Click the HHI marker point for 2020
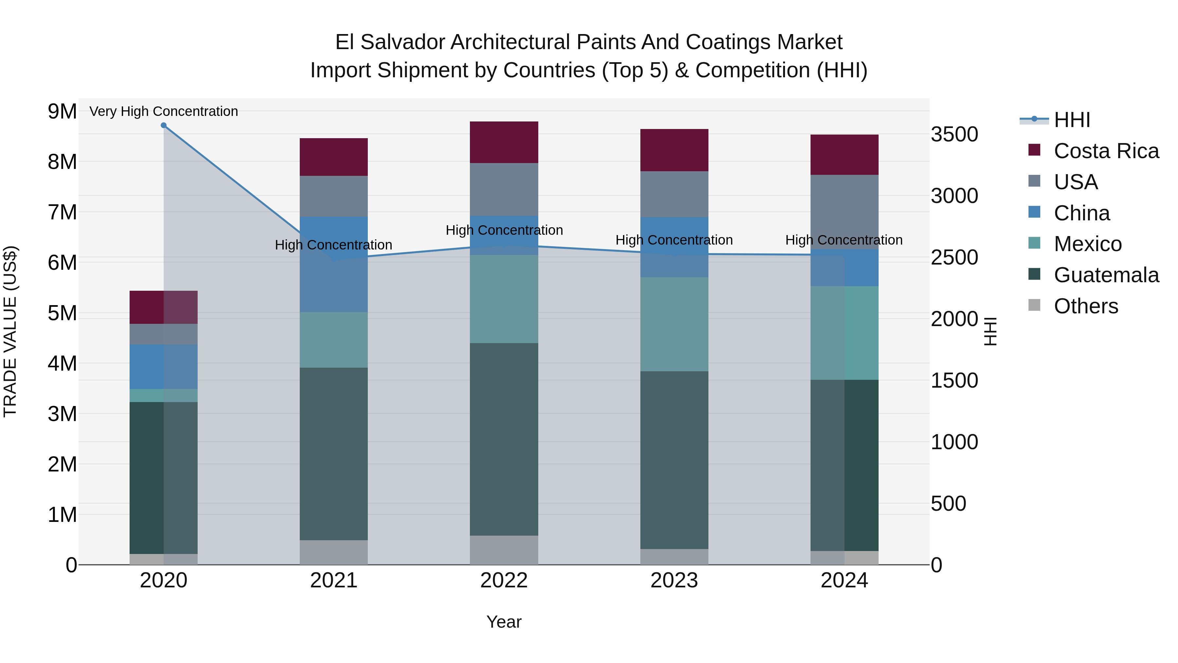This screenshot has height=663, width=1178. [164, 125]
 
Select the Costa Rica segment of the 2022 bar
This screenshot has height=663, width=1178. [504, 142]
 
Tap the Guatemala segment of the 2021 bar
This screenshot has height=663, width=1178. [334, 454]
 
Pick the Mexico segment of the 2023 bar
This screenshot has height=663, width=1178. [674, 324]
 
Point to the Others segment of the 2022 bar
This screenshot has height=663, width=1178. [504, 550]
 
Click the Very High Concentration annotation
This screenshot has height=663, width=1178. [164, 111]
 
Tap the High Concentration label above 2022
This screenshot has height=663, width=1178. [504, 230]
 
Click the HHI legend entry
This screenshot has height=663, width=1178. [1071, 120]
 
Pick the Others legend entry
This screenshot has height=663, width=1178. [1086, 306]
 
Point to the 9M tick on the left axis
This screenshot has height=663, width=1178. [62, 111]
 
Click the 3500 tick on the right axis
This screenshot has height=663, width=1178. [955, 135]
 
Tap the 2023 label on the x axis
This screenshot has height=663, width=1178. [674, 580]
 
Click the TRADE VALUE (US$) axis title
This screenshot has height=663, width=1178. [10, 331]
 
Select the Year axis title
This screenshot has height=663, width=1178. [504, 622]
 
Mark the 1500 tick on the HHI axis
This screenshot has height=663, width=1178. [955, 381]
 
